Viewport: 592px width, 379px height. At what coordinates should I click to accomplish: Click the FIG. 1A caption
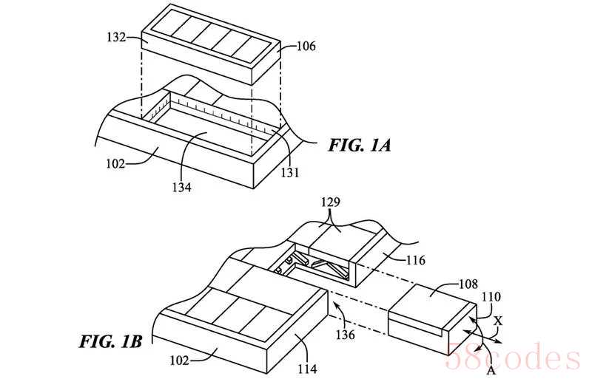point(360,146)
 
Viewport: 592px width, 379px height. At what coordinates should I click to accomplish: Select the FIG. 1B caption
point(110,341)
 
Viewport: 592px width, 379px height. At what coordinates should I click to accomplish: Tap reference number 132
point(116,38)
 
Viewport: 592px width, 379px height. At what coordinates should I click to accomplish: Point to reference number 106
point(306,47)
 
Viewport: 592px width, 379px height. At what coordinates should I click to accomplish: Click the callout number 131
point(290,173)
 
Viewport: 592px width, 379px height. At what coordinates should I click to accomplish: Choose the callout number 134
point(181,187)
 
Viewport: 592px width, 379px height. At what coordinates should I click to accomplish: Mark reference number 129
point(331,202)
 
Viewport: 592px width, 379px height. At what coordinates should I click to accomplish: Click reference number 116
point(415,260)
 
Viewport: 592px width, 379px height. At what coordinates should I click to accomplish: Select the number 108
point(468,284)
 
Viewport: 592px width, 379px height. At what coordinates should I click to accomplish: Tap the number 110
point(491,297)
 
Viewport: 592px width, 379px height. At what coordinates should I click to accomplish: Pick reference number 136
point(346,335)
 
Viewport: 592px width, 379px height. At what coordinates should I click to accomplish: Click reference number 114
point(307,369)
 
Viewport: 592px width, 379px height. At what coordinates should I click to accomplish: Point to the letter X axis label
point(498,321)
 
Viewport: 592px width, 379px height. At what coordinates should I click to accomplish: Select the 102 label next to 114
point(179,361)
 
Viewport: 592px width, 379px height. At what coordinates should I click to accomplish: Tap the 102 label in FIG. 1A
point(115,164)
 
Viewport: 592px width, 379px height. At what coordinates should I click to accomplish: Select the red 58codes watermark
point(513,356)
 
